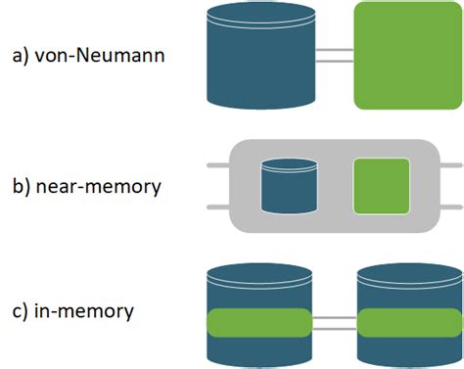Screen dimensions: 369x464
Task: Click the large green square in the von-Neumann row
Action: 401,55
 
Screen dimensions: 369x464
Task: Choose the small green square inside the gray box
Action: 381,186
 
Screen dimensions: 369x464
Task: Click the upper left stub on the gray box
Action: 217,167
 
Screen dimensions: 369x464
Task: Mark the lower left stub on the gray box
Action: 217,207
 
